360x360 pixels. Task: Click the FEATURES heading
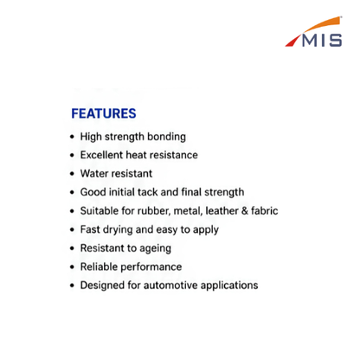pos(104,113)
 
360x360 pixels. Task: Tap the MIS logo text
pos(322,41)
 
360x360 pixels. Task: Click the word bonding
pos(166,137)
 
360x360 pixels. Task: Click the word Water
pos(93,173)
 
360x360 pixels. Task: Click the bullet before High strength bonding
pos(72,137)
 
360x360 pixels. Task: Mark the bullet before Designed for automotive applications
pos(72,286)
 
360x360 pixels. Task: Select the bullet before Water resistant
pos(72,174)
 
